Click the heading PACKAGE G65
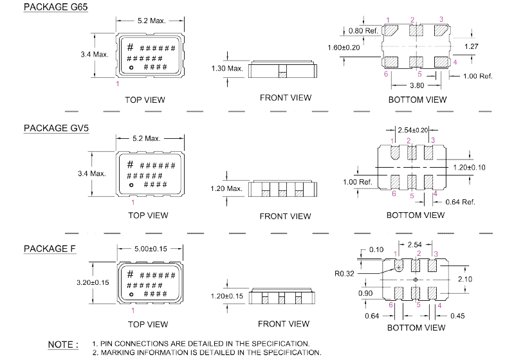click(56, 7)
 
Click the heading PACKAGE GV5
click(56, 128)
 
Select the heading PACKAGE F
click(50, 249)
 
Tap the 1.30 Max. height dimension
click(227, 68)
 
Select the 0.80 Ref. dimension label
click(363, 31)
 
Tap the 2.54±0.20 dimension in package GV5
click(413, 130)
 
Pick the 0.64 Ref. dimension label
click(461, 202)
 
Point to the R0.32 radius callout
click(345, 273)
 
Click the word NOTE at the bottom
click(63, 345)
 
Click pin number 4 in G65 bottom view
click(455, 62)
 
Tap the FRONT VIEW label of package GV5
click(285, 216)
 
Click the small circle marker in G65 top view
click(131, 67)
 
